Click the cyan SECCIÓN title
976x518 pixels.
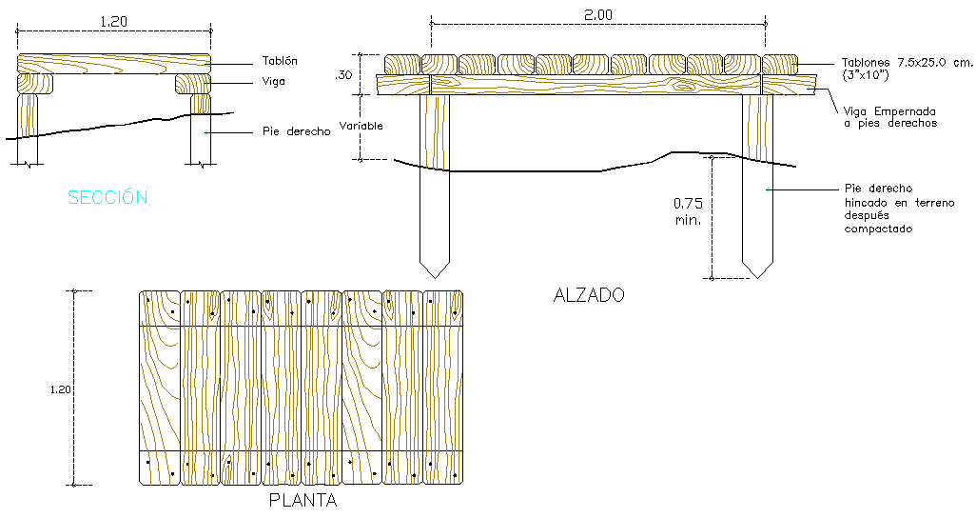pyautogui.click(x=107, y=197)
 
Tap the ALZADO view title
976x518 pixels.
pyautogui.click(x=589, y=295)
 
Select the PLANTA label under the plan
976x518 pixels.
pyautogui.click(x=303, y=500)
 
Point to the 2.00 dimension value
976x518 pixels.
pyautogui.click(x=597, y=15)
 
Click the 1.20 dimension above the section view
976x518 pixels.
pyautogui.click(x=113, y=21)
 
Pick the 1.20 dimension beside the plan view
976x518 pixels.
pyautogui.click(x=60, y=389)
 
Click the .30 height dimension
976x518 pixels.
pyautogui.click(x=343, y=75)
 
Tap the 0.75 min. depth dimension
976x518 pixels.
pyautogui.click(x=688, y=211)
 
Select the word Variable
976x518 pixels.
pyautogui.click(x=361, y=126)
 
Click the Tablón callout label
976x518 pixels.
pyautogui.click(x=280, y=60)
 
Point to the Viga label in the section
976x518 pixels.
pyautogui.click(x=273, y=82)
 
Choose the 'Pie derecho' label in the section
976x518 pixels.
pyautogui.click(x=296, y=131)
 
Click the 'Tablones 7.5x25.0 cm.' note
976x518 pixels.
pyautogui.click(x=907, y=62)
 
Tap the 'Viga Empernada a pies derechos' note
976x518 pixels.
pyautogui.click(x=890, y=117)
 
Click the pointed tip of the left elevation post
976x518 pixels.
pyautogui.click(x=435, y=278)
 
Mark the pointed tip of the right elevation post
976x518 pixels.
pyautogui.click(x=757, y=278)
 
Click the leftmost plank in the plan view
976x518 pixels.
pyautogui.click(x=160, y=388)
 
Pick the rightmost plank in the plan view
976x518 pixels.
pyautogui.click(x=443, y=388)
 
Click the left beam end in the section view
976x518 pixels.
pyautogui.click(x=35, y=84)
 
